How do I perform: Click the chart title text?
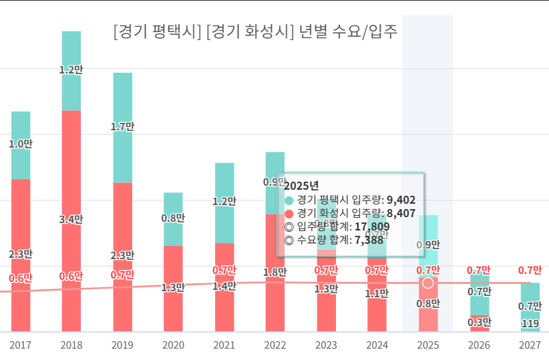click(256, 31)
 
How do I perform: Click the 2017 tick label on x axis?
click(21, 345)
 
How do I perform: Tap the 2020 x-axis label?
click(173, 345)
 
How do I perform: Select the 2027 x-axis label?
click(530, 345)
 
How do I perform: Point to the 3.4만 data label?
click(71, 218)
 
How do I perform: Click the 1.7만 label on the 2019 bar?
click(122, 126)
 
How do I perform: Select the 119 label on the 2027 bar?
click(530, 324)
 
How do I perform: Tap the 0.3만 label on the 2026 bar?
click(480, 322)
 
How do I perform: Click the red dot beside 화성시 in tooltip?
click(289, 213)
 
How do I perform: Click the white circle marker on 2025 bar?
click(428, 283)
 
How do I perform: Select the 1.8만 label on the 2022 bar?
click(275, 272)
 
